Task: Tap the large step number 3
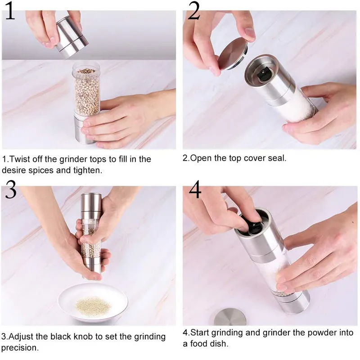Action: coord(11,189)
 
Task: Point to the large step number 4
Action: coord(195,189)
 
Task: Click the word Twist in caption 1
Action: coord(19,159)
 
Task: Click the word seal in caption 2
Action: coord(278,158)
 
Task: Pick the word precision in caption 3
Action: coord(20,348)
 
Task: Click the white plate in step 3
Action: coord(93,302)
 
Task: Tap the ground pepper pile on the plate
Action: coord(93,306)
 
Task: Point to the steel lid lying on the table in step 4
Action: coord(230,317)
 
